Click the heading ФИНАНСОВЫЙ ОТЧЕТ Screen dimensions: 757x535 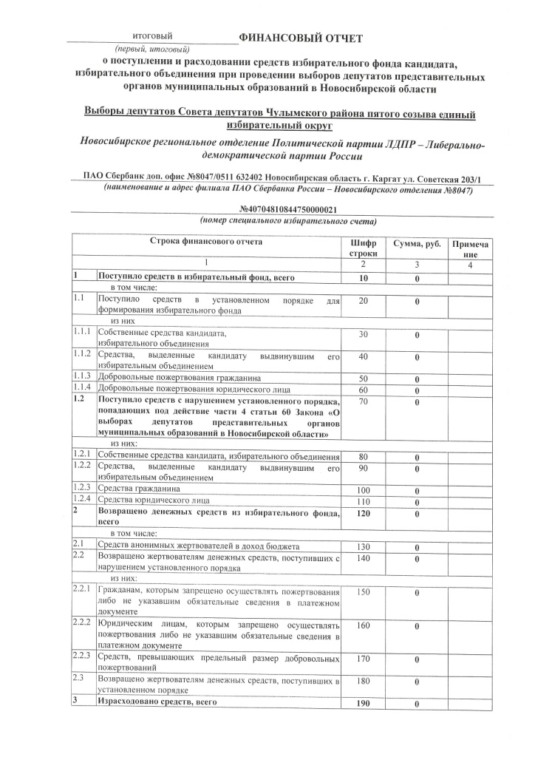(301, 38)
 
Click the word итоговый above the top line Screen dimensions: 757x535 (151, 35)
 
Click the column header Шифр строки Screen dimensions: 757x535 (363, 248)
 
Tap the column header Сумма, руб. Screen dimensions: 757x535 (417, 243)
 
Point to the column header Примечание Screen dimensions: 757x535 (470, 248)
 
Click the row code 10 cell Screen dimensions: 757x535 (363, 278)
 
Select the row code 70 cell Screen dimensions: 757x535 (363, 401)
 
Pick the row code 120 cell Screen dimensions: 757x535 (363, 514)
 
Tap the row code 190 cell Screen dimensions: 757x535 (363, 704)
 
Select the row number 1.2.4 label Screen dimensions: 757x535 (83, 500)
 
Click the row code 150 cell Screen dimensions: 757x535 (363, 592)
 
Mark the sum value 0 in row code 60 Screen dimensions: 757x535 (417, 390)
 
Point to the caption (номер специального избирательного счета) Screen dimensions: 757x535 (289, 221)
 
